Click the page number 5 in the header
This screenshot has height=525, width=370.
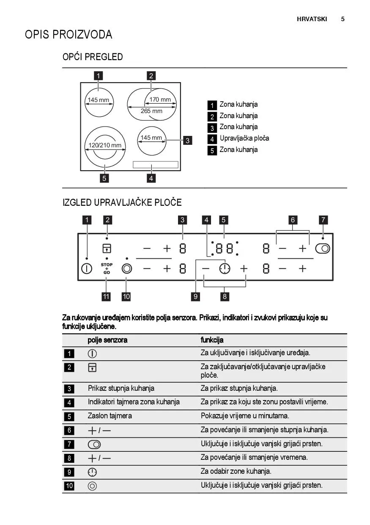point(343,19)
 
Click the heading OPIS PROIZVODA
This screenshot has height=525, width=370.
point(69,34)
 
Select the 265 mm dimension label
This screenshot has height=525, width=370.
point(151,111)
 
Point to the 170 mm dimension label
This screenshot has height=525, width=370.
point(160,100)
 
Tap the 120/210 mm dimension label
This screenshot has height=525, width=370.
point(104,145)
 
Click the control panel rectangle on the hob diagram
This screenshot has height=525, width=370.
point(155,165)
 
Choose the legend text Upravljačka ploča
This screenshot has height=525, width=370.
point(244,138)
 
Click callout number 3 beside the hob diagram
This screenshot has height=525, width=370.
point(188,141)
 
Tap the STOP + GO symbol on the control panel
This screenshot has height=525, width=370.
point(107,268)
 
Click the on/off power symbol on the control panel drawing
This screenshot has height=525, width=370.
point(87,268)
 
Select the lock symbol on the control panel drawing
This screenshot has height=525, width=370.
point(107,248)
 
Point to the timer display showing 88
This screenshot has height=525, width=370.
point(225,249)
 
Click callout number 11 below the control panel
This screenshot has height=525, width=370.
point(106,296)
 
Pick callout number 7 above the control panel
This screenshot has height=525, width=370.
point(323,220)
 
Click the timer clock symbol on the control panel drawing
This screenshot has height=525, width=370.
point(225,268)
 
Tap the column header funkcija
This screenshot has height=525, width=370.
point(212,340)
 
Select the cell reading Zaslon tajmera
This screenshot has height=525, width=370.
point(110,416)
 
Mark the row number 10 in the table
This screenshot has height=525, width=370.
point(69,486)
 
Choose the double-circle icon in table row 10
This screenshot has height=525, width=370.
point(92,486)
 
